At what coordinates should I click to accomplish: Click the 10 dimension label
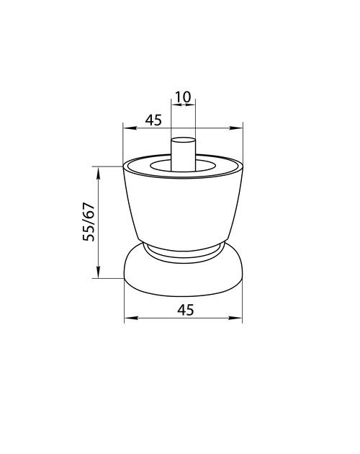[x=183, y=97]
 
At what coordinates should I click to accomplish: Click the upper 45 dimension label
[x=153, y=120]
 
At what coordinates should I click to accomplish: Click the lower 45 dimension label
[x=186, y=310]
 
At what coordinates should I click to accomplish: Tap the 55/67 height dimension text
[x=89, y=222]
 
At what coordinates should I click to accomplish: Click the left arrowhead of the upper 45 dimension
[x=130, y=128]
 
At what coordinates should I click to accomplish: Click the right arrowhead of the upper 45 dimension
[x=236, y=128]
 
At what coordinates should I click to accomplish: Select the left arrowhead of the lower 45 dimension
[x=130, y=318]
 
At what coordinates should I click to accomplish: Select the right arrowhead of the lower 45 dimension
[x=235, y=318]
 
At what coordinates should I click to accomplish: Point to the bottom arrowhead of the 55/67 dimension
[x=99, y=272]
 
